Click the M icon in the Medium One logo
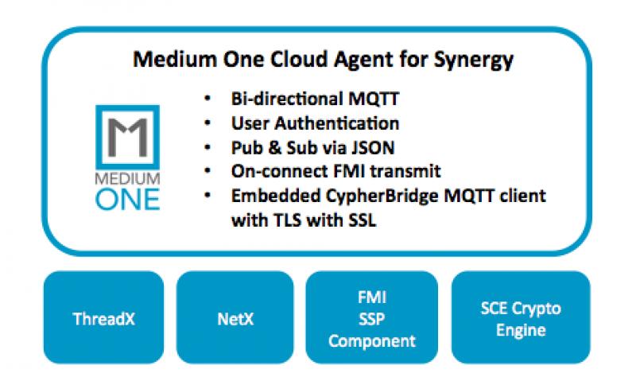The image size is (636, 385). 127,136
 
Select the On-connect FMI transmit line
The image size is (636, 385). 334,171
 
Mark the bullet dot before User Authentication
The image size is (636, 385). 208,125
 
